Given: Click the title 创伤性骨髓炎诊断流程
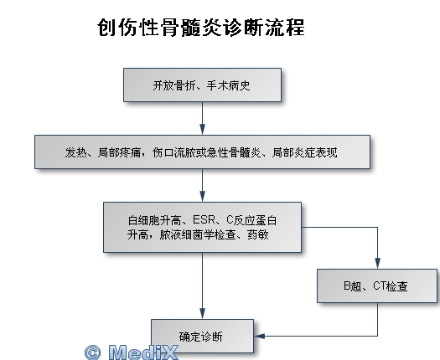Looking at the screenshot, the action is click(201, 28).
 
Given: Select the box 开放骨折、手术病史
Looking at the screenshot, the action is click(202, 85).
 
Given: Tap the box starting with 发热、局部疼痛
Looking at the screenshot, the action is click(202, 152).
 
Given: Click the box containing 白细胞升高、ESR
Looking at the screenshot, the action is click(202, 227).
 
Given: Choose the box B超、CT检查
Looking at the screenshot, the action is click(377, 285).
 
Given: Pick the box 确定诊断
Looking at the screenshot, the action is click(202, 336).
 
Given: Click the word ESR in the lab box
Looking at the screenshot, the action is click(204, 220).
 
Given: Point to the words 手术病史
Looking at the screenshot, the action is click(229, 85).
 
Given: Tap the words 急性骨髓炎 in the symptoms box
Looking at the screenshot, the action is click(234, 152).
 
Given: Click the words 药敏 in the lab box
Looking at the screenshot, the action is click(258, 234).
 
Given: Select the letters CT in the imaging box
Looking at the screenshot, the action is click(380, 286).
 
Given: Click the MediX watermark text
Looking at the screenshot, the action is click(143, 352).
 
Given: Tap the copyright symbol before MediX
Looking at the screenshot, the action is click(92, 352).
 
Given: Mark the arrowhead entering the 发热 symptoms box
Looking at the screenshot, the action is click(202, 130).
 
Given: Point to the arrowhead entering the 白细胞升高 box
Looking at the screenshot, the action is click(202, 197).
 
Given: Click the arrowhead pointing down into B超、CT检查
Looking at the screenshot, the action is click(377, 264).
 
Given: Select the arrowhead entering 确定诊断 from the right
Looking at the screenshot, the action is click(259, 336).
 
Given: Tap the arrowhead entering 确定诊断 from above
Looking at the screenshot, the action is click(202, 313).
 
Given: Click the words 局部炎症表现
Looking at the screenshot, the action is click(305, 152).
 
